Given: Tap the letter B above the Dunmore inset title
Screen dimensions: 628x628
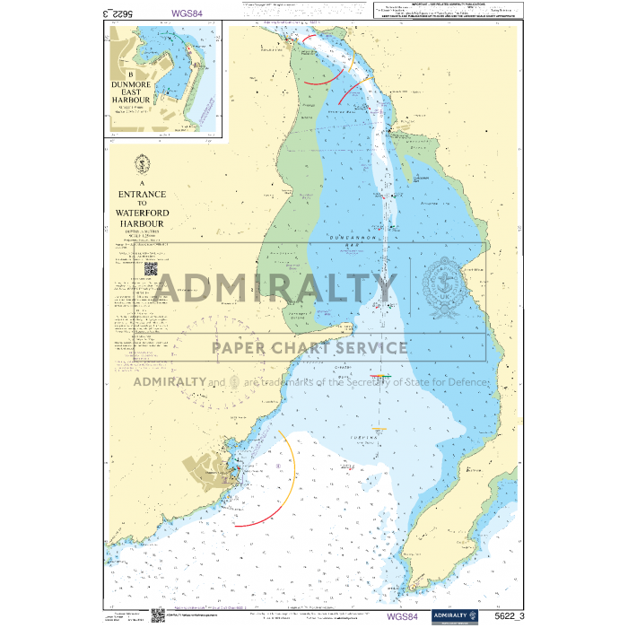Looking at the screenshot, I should pos(131,75).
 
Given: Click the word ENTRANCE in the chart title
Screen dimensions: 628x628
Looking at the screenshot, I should pos(142,193).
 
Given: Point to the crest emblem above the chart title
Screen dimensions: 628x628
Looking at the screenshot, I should pos(142,165).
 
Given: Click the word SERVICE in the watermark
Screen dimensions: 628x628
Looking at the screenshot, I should pos(366,348).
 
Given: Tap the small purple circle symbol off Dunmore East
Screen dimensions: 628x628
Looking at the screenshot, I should pos(280,467).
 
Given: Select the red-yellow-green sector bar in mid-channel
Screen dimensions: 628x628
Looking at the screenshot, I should pos(380,375).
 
